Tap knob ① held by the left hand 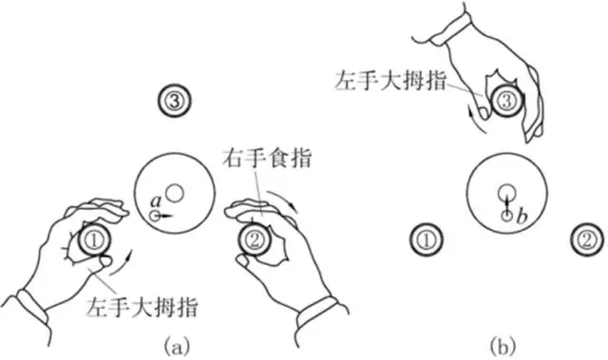pos(95,240)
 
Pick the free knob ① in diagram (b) pos(427,239)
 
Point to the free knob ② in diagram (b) pos(588,239)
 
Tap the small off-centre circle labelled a pos(155,217)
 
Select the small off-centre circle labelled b pos(507,218)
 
